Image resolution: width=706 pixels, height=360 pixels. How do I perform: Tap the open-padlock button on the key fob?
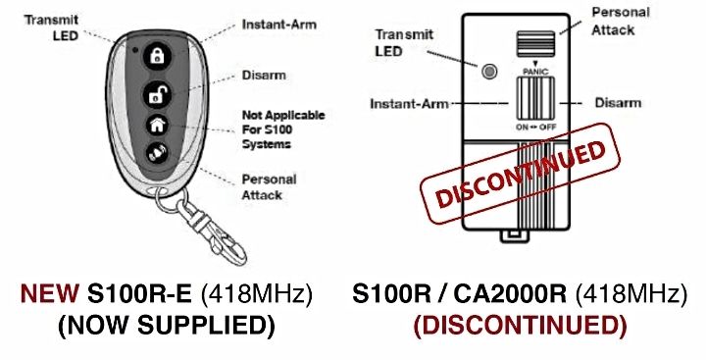pos(155,93)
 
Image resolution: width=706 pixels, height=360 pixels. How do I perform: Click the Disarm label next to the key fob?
pos(262,75)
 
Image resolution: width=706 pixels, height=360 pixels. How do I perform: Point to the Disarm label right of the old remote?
pos(618,102)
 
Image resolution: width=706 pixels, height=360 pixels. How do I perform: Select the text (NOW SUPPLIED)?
pos(166,325)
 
